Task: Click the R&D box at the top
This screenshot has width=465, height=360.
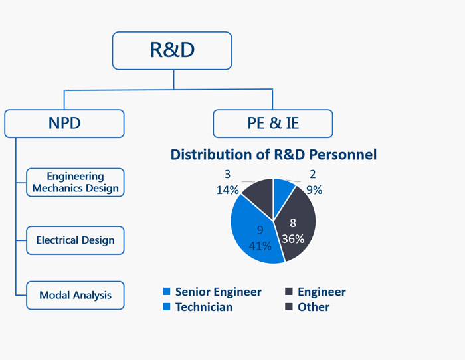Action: [x=172, y=50]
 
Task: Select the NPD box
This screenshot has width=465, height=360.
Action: [x=64, y=124]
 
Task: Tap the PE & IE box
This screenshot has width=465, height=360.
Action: [x=273, y=124]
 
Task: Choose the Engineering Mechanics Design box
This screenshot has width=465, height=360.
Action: [x=75, y=183]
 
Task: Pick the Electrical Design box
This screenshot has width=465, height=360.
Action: [x=75, y=240]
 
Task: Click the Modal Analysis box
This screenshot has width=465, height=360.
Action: [x=75, y=296]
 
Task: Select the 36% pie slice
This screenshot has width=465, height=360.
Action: [x=296, y=228]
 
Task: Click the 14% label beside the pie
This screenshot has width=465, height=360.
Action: [x=227, y=190]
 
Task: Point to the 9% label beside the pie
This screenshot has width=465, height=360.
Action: [x=314, y=190]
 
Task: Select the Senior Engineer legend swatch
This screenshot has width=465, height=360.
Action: [x=167, y=291]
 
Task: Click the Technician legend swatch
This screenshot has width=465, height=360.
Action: [x=167, y=306]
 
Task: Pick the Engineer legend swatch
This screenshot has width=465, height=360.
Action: [x=289, y=291]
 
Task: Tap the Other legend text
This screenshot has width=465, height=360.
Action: [x=314, y=307]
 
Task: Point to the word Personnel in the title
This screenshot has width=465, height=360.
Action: [x=343, y=155]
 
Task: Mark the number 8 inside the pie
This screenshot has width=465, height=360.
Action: [x=293, y=223]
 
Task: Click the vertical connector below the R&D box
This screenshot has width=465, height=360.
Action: [x=174, y=80]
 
